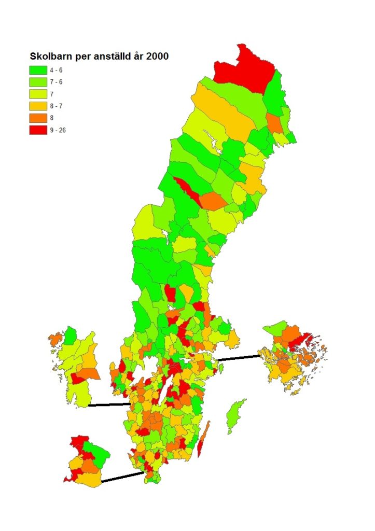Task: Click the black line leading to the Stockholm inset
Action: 239,357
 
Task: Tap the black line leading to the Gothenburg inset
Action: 109,404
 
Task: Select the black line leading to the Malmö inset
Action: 122,477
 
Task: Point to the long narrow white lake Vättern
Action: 165,394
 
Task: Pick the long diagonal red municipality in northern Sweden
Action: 187,190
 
